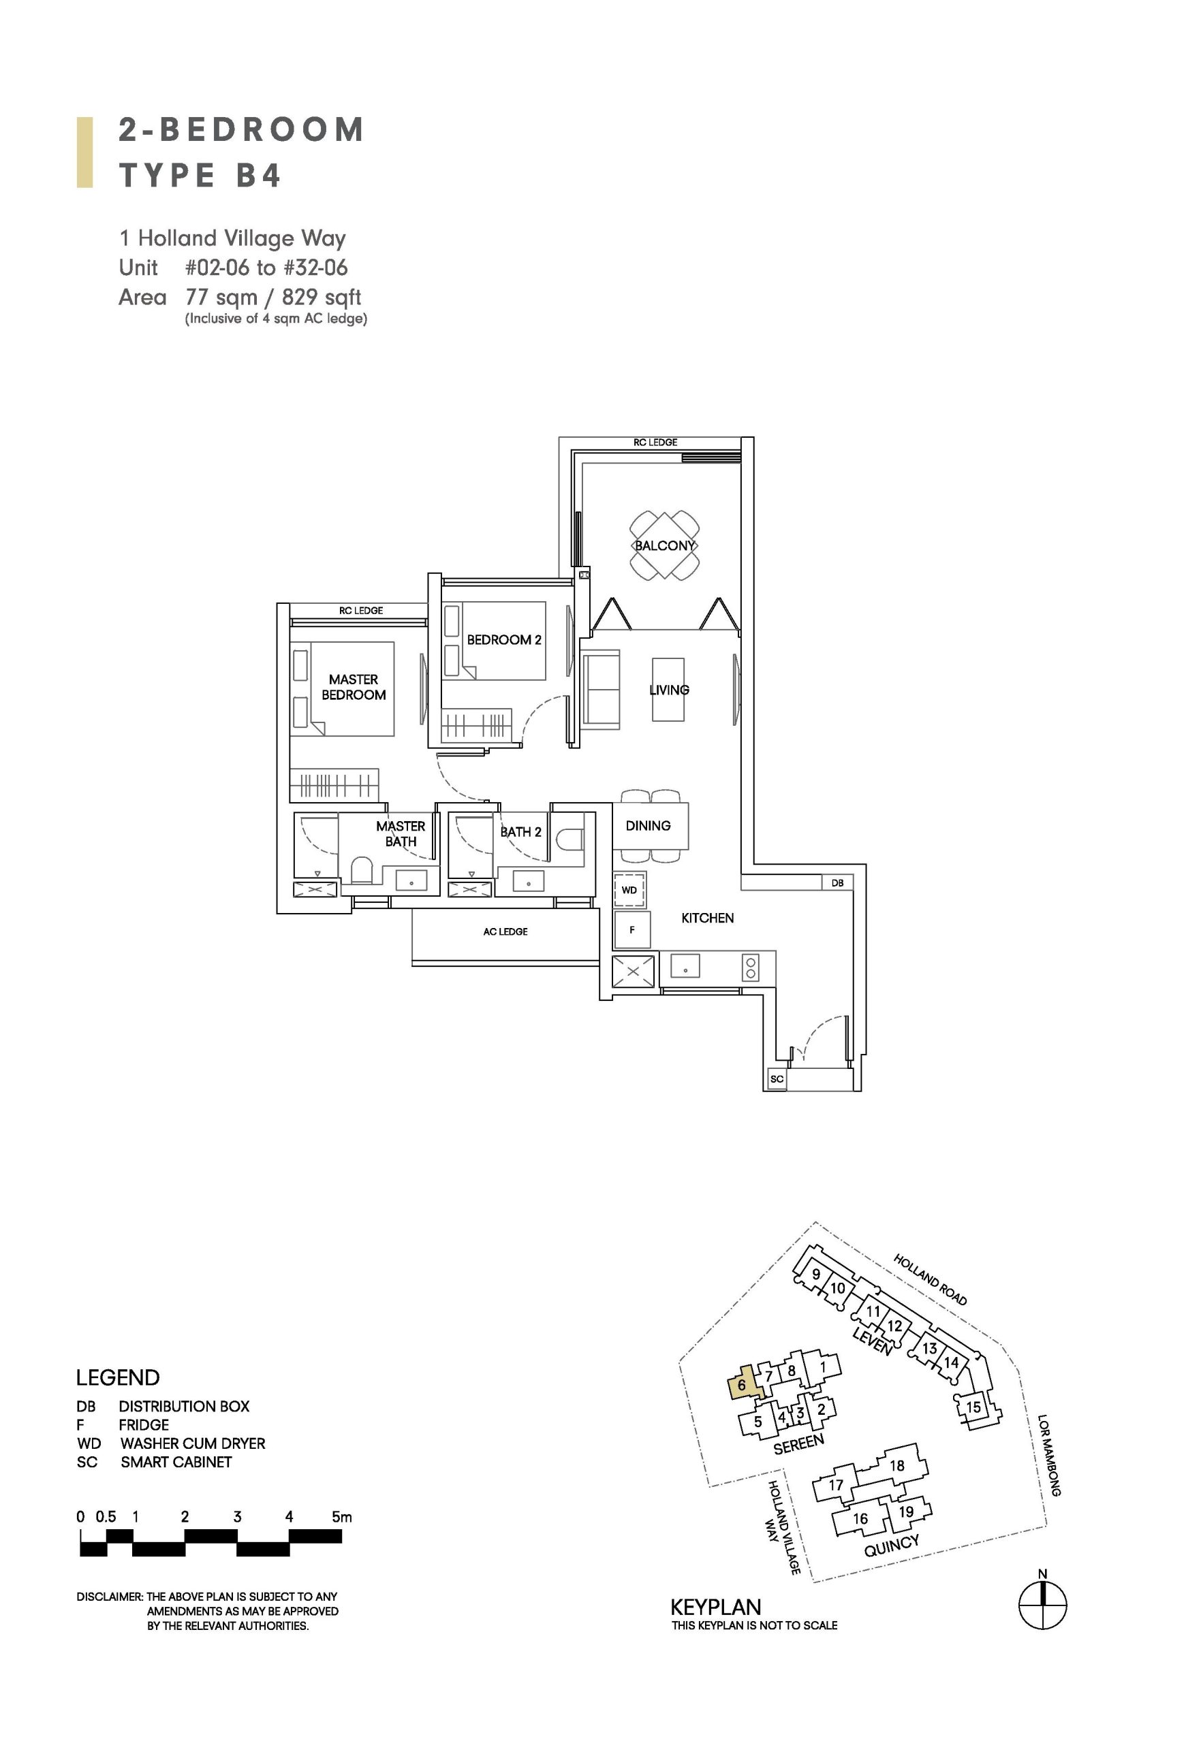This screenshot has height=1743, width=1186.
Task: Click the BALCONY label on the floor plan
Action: point(665,545)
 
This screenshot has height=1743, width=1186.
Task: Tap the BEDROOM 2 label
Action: point(504,640)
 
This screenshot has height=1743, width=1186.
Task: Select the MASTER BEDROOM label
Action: point(354,687)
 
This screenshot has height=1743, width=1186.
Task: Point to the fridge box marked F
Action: point(631,930)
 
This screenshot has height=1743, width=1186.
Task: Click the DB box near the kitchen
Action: point(837,883)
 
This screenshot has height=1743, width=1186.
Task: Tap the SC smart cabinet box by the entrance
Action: point(777,1079)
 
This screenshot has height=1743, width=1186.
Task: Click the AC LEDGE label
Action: point(505,931)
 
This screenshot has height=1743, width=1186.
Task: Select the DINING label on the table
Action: point(648,826)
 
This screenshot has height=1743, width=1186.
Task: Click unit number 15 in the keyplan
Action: point(973,1407)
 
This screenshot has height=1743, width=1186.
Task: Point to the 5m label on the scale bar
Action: point(341,1516)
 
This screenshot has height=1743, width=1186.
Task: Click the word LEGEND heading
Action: point(118,1378)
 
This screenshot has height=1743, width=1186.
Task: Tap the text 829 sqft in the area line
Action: point(321,298)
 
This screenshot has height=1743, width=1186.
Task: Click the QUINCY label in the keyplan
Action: point(891,1545)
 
